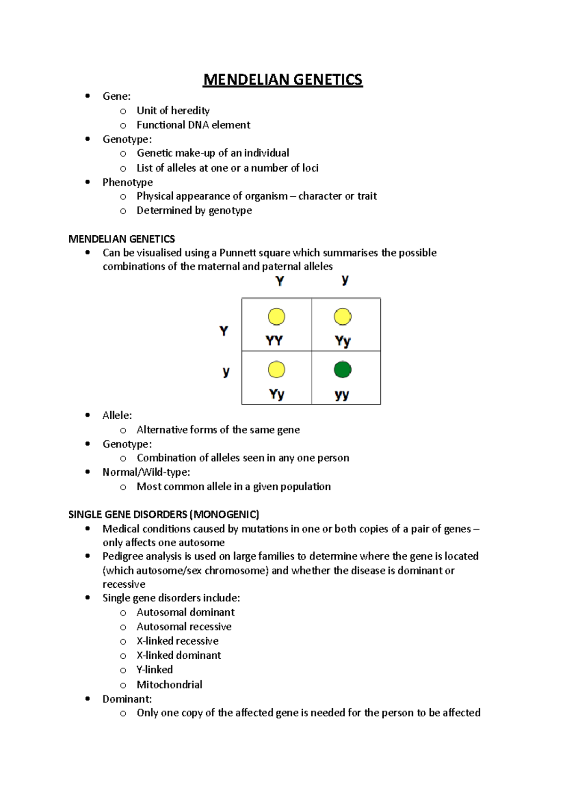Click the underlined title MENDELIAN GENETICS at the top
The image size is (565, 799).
(282, 80)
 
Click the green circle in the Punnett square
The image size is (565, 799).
(342, 369)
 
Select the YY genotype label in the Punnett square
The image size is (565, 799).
(274, 341)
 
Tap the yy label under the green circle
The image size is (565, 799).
(342, 394)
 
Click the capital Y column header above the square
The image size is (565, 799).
(280, 281)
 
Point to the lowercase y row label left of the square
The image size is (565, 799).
(226, 372)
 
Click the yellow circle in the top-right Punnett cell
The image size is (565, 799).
(342, 317)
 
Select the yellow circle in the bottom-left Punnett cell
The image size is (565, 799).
(276, 369)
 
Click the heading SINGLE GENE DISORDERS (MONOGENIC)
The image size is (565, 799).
(163, 514)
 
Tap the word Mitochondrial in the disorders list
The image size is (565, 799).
(169, 684)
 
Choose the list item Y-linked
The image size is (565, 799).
(154, 670)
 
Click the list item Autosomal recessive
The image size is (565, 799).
(184, 627)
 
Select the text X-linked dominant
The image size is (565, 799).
(178, 655)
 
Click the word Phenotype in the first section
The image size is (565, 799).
(128, 182)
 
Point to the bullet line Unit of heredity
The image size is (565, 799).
(173, 111)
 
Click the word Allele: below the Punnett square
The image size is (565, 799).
(117, 415)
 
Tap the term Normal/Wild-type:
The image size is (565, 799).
(146, 472)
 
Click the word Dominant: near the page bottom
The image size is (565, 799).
(127, 699)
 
